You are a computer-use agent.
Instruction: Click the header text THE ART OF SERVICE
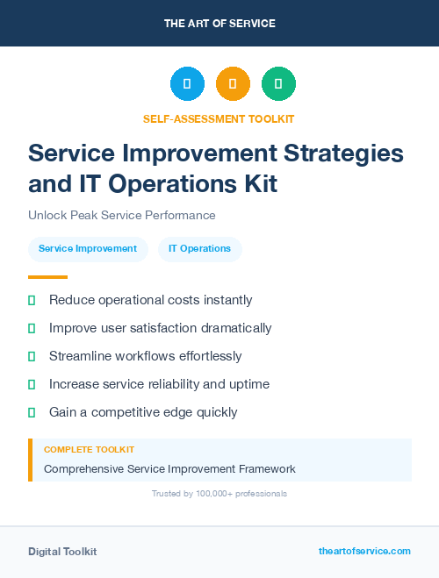pyautogui.click(x=219, y=24)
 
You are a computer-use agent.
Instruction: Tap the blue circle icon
pyautogui.click(x=187, y=84)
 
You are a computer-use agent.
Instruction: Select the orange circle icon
pyautogui.click(x=233, y=84)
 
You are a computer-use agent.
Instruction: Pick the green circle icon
pyautogui.click(x=278, y=84)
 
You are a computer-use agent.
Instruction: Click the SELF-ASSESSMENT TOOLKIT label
pyautogui.click(x=219, y=118)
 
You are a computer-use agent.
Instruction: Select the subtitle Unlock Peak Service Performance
pyautogui.click(x=122, y=215)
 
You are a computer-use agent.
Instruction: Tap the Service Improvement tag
pyautogui.click(x=88, y=249)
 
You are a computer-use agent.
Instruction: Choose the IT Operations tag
pyautogui.click(x=199, y=249)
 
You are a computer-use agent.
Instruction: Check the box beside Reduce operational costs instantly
pyautogui.click(x=32, y=301)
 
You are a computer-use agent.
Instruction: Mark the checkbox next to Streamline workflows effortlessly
pyautogui.click(x=32, y=357)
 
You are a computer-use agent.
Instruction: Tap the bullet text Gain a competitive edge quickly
pyautogui.click(x=143, y=412)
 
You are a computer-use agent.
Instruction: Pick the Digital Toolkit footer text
pyautogui.click(x=62, y=552)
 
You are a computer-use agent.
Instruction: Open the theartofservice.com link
pyautogui.click(x=364, y=551)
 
